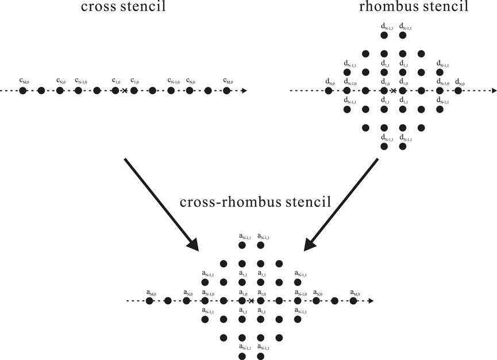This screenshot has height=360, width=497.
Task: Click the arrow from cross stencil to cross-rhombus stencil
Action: (161, 204)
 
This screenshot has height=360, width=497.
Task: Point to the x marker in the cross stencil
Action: (124, 91)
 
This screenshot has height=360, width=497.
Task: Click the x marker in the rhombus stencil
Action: (393, 91)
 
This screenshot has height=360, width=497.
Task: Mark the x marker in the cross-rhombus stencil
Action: (251, 301)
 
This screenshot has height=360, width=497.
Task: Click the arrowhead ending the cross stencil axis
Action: (245, 91)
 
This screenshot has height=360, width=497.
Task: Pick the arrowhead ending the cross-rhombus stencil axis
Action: (371, 301)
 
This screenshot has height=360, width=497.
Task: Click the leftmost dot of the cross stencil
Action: (23, 91)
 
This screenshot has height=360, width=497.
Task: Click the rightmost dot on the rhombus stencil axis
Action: (458, 91)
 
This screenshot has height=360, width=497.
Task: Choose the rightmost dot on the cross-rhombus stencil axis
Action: (353, 301)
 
